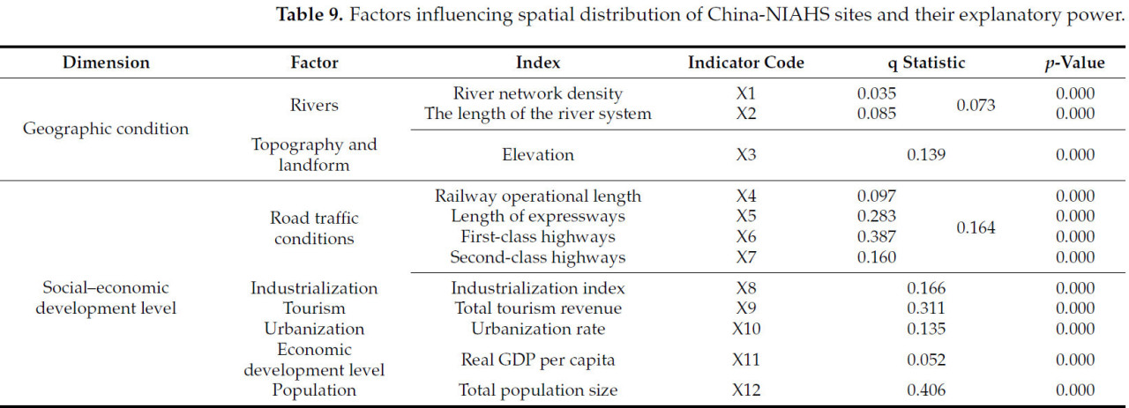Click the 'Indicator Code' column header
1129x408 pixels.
745,63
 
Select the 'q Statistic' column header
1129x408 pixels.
926,63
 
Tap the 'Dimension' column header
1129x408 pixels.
106,63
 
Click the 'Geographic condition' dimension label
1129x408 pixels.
106,129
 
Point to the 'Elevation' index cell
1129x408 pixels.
538,155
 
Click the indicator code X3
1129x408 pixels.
746,155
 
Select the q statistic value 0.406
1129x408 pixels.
926,389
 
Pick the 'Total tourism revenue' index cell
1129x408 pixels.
538,308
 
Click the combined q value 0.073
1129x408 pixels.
976,106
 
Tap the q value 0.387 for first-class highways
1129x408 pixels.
877,237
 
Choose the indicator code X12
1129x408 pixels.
746,389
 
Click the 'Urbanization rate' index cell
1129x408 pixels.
538,329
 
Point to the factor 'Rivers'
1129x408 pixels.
314,105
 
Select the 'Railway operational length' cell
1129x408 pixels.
538,197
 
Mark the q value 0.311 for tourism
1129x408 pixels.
926,308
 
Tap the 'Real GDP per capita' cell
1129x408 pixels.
538,360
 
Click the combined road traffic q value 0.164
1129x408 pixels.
976,227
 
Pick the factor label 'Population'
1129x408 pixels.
314,389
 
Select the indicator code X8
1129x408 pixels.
746,288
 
